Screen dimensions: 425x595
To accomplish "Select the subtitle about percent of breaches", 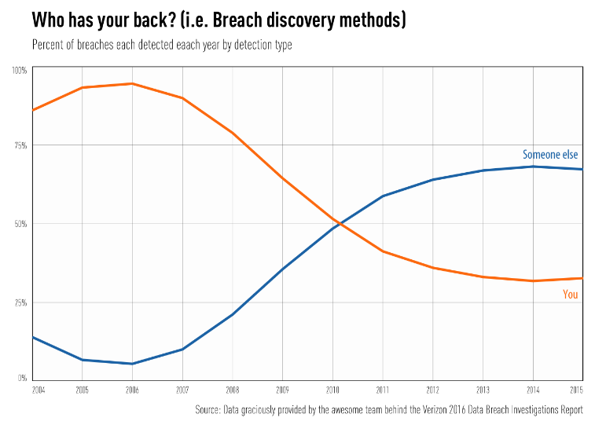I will click(x=162, y=45).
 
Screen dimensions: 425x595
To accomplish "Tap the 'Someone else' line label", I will click(x=550, y=155).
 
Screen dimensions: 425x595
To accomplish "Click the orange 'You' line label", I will click(x=571, y=295).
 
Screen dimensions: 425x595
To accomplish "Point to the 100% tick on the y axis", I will click(x=20, y=71).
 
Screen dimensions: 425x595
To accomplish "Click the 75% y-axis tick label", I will click(x=20, y=146).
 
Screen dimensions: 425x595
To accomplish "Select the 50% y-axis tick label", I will click(x=20, y=224).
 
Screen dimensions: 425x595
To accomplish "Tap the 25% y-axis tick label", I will click(x=20, y=302).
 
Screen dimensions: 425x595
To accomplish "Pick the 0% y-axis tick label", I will click(x=23, y=378).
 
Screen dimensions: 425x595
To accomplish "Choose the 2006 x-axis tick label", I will click(x=132, y=390).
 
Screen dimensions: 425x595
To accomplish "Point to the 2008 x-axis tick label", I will click(x=233, y=390).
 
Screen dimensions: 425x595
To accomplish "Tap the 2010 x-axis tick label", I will click(x=332, y=390).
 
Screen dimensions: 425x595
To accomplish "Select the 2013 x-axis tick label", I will click(x=483, y=390).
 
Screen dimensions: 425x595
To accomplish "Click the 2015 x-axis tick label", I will click(x=576, y=390).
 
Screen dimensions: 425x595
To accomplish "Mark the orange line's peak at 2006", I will click(x=132, y=83).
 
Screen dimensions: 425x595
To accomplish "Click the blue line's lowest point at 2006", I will click(x=132, y=364).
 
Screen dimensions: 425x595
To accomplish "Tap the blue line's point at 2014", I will click(x=533, y=167).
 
